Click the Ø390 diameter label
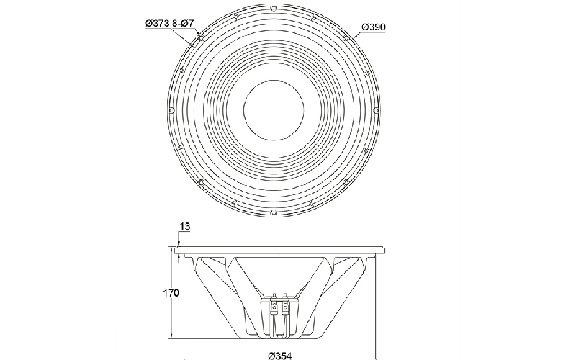(374, 27)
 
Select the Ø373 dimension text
(158, 23)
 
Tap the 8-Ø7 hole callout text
(183, 23)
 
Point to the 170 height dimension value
(171, 293)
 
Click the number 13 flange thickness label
(186, 226)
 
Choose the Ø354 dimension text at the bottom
(280, 356)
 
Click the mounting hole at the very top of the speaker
(274, 8)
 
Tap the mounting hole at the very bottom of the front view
(274, 212)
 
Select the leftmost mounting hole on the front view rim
(171, 110)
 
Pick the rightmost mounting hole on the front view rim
(376, 110)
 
